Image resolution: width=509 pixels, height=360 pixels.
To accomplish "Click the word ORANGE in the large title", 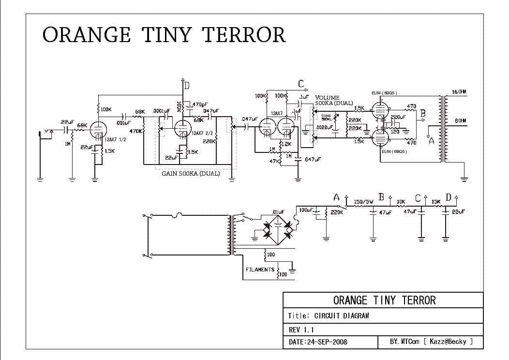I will [86, 35].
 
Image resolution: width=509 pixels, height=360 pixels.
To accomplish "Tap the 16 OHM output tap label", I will [459, 92].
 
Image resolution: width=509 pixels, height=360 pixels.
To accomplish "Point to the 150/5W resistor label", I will [363, 202].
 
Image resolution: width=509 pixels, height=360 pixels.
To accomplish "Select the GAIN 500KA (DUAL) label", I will [190, 174].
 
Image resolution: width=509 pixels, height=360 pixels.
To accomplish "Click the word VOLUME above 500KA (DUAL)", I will [327, 98].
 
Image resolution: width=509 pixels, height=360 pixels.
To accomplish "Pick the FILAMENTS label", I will [260, 270].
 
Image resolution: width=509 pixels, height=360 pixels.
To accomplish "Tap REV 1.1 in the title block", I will [301, 330].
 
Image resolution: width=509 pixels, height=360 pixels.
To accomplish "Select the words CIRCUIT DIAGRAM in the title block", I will [342, 316].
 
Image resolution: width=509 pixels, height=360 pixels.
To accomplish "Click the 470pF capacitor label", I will [200, 104].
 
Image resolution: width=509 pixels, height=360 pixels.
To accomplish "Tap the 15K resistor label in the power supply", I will [436, 202].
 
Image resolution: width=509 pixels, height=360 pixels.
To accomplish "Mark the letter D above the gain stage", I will [186, 86].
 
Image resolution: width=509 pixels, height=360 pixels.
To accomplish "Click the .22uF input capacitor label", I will [66, 121].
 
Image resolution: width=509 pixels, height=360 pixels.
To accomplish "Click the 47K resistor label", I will [273, 161].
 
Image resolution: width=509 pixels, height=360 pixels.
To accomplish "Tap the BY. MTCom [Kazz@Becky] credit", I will [430, 342].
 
